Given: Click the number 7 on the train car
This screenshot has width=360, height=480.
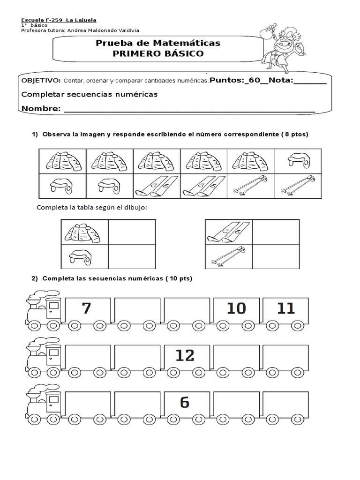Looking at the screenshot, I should tap(86, 308).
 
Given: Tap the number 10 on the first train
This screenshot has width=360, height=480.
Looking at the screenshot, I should tap(236, 308).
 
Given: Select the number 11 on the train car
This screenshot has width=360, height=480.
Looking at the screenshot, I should tap(285, 308).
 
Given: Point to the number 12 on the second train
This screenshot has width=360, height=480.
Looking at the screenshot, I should tap(185, 355).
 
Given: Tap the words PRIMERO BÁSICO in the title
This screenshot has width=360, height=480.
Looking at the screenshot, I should tap(158, 53).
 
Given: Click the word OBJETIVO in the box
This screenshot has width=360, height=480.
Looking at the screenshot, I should tap(40, 80).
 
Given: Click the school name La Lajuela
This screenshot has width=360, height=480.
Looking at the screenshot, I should tap(81, 20).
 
